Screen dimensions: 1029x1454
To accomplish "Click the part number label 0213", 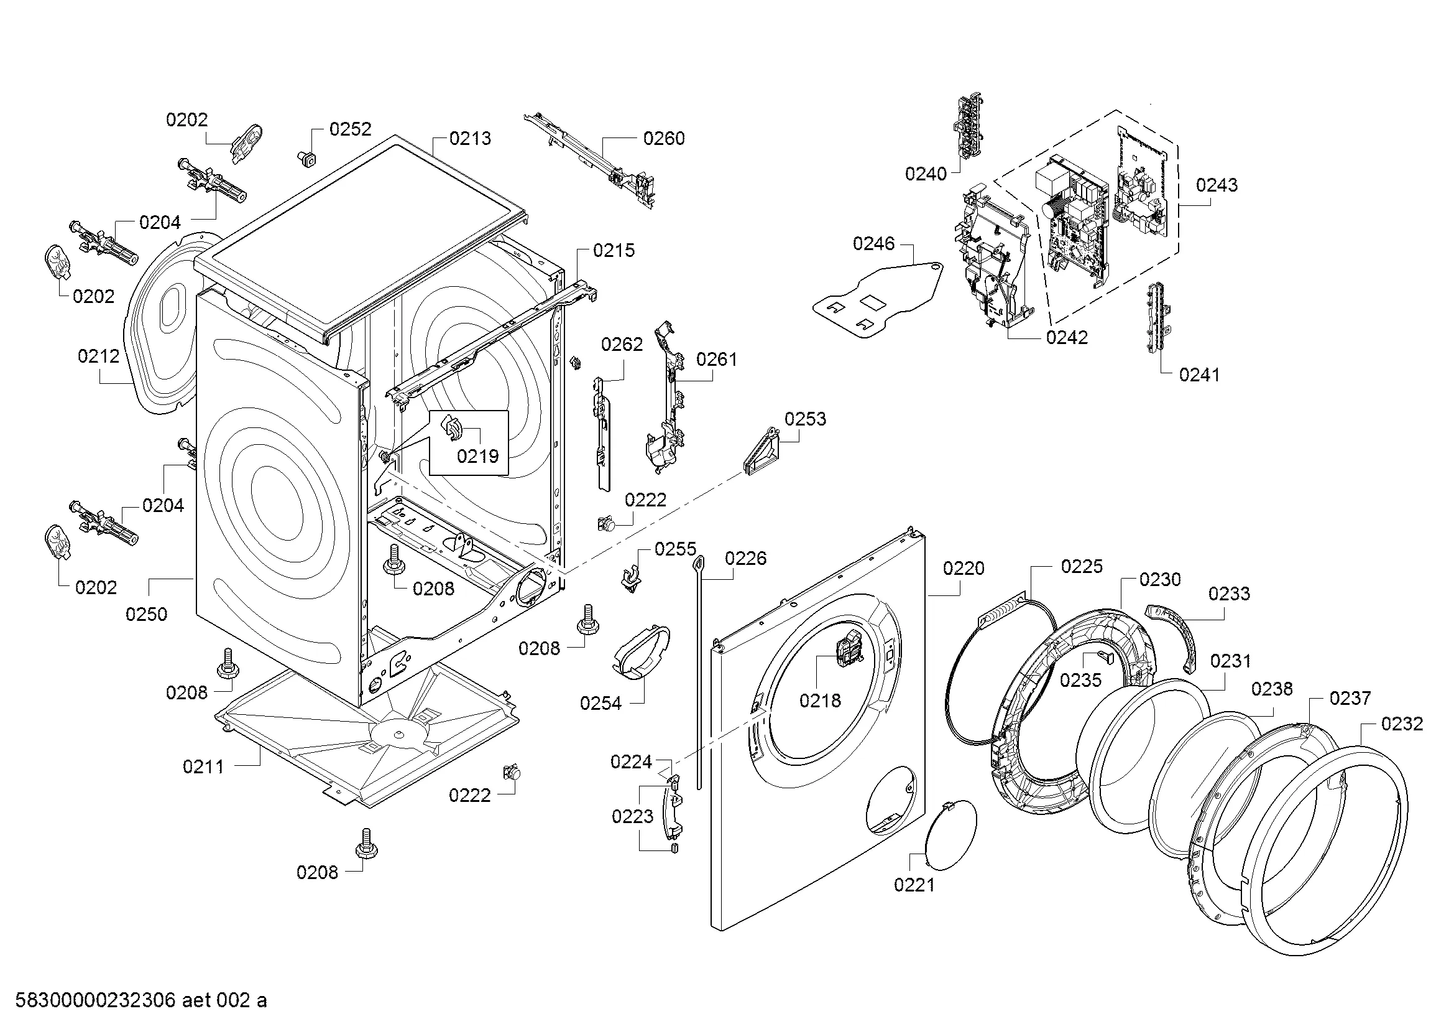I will click(470, 138).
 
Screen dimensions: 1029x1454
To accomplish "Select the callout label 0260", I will click(664, 138).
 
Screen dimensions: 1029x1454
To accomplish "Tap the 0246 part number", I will click(873, 243).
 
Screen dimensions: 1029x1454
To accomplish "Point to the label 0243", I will click(1217, 185).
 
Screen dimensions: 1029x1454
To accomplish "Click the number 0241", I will click(1199, 375).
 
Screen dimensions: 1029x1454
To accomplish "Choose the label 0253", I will click(805, 419).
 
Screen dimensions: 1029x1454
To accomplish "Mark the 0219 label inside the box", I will click(477, 455).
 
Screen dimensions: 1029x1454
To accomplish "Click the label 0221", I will click(914, 885).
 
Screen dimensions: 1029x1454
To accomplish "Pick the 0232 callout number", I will click(1402, 724).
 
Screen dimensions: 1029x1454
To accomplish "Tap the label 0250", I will click(146, 614).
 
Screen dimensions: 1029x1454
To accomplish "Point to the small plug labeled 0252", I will click(308, 159).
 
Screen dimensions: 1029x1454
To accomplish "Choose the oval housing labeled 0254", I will click(640, 650).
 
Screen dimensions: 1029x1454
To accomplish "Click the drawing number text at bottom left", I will click(140, 1000).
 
